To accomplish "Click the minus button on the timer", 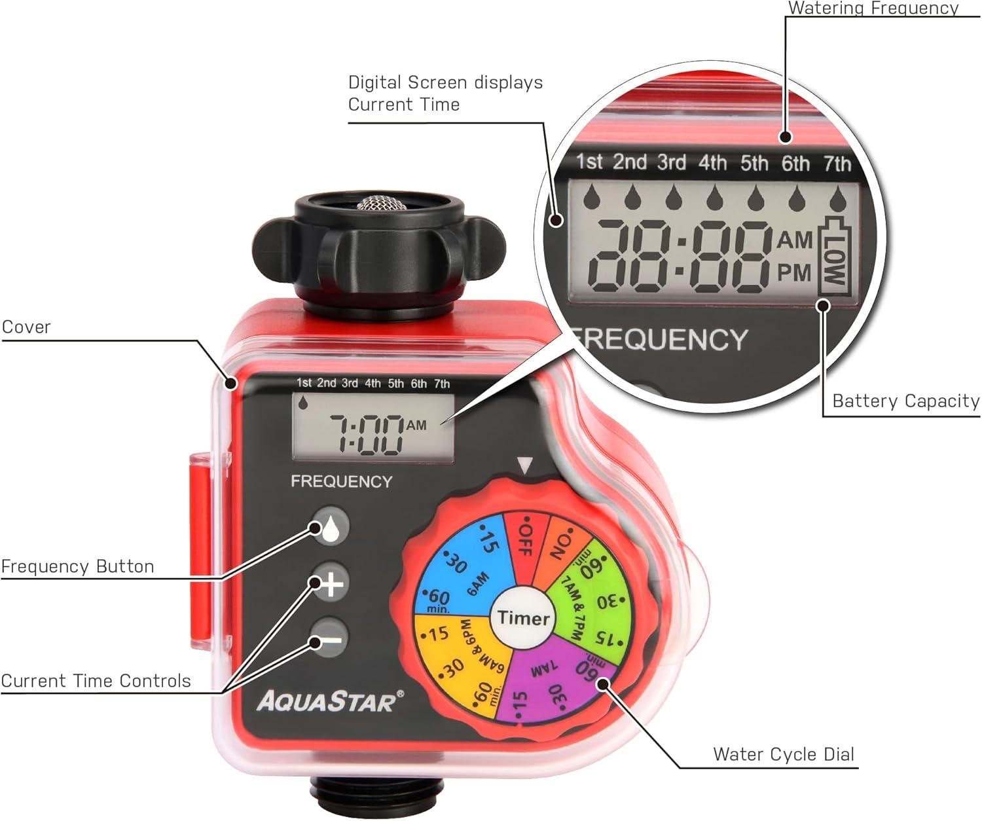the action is [331, 640].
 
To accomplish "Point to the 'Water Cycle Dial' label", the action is [784, 754].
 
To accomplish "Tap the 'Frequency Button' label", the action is [78, 566].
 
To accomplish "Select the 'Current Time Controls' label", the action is [96, 681].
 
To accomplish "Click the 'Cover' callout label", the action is [26, 327].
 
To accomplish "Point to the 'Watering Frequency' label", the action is [873, 8].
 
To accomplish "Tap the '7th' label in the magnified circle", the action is [837, 164].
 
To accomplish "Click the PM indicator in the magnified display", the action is [794, 272].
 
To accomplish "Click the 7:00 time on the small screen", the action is [367, 435].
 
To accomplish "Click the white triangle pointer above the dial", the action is [525, 465].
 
